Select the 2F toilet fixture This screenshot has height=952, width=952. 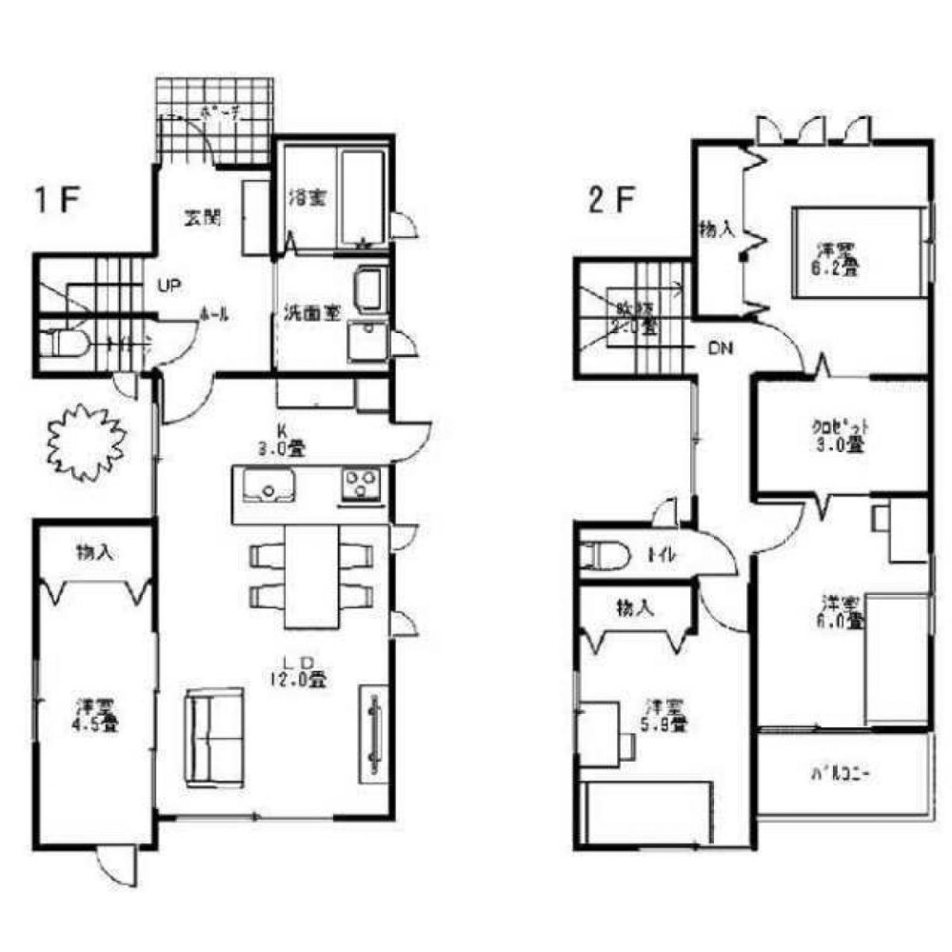point(608,554)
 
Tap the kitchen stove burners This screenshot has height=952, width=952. point(361,485)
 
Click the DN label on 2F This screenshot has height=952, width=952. point(720,348)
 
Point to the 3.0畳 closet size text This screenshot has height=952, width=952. point(843,444)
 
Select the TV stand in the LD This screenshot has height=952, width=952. point(372,732)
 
